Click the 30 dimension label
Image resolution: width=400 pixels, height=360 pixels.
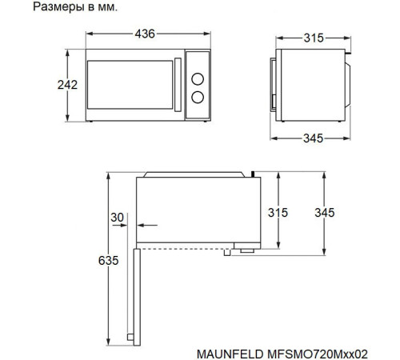pos(118,218)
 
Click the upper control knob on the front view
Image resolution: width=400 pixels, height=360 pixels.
pos(197,78)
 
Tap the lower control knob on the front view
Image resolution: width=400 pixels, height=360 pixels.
pos(197,98)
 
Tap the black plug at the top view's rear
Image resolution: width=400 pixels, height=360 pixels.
pos(252,171)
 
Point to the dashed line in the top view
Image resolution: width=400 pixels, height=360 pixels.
pos(184,246)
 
